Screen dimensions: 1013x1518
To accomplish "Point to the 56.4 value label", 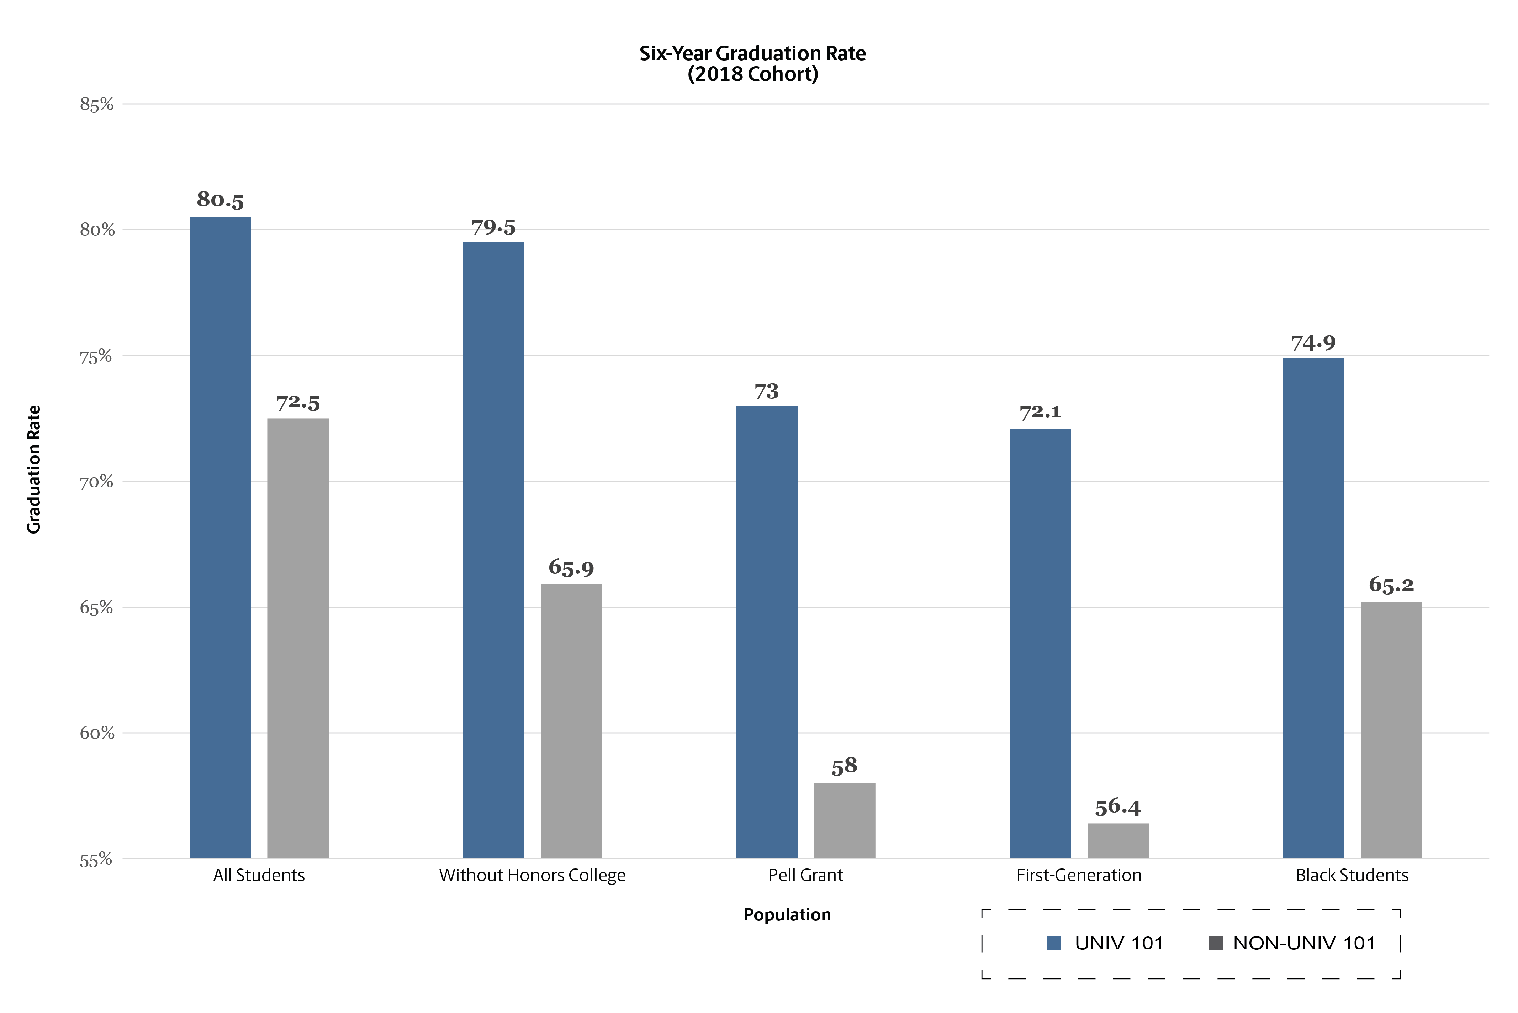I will click(1118, 807).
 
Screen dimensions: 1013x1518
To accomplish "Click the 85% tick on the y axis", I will click(97, 105).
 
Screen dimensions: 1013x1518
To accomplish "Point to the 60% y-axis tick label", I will click(97, 733).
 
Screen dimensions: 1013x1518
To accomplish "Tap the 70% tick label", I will click(97, 482).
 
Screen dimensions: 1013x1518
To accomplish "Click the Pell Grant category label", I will click(805, 875).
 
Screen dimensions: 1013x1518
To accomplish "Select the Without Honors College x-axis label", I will click(532, 875).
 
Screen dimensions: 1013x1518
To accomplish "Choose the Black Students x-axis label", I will click(1352, 875).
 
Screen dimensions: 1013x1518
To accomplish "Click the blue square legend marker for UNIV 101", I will click(1054, 943).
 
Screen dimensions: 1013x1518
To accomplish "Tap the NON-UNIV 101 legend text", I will click(1304, 943).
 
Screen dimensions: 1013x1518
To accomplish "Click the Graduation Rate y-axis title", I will click(33, 470).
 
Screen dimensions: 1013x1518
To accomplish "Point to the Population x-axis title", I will click(787, 915).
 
